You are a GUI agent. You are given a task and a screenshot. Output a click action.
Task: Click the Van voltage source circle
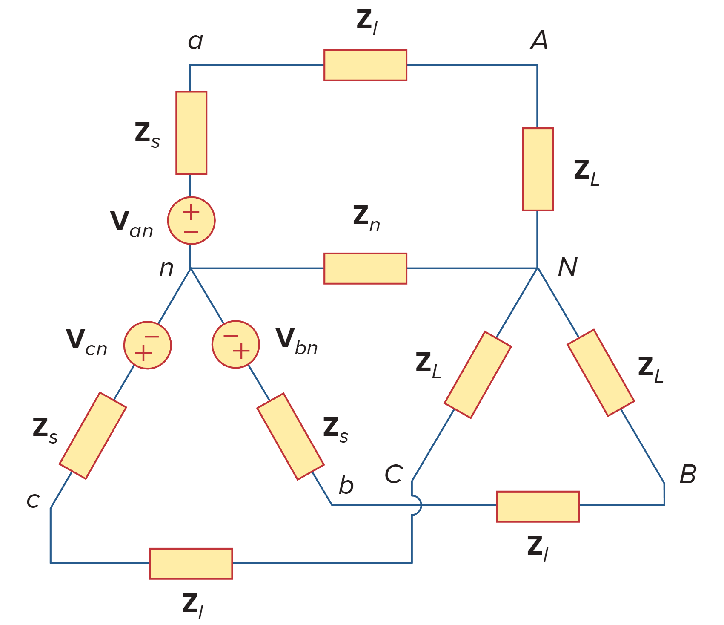pos(191,220)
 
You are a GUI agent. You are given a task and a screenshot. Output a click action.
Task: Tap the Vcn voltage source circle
pos(147,345)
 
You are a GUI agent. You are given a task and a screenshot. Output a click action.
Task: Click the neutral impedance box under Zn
pos(365,268)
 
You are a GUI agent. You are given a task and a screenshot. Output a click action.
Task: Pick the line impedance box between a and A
pos(365,65)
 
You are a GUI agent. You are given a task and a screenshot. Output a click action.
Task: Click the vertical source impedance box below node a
pos(191,132)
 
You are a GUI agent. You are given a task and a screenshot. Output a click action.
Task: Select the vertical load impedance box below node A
pos(538,169)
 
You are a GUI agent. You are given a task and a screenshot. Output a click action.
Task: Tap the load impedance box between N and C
pos(477,374)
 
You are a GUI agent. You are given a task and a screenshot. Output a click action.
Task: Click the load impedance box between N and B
pos(601,372)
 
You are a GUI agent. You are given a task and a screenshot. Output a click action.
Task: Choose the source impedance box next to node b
pos(290,436)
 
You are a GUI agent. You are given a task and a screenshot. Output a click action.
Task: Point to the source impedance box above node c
pos(92,435)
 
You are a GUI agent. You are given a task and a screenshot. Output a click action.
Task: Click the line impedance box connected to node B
pos(538,507)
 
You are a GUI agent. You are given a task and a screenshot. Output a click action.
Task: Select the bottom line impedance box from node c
pos(191,563)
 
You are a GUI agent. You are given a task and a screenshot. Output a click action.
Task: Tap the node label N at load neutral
pos(567,268)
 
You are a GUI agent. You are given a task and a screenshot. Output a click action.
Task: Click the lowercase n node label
pos(166,269)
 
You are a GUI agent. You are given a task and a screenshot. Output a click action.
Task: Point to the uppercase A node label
pos(539,40)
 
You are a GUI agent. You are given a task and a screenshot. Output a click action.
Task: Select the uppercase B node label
pos(687,474)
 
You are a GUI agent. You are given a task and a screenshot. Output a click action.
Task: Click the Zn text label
pos(366,219)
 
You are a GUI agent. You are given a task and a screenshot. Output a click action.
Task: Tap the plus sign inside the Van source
pos(191,211)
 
